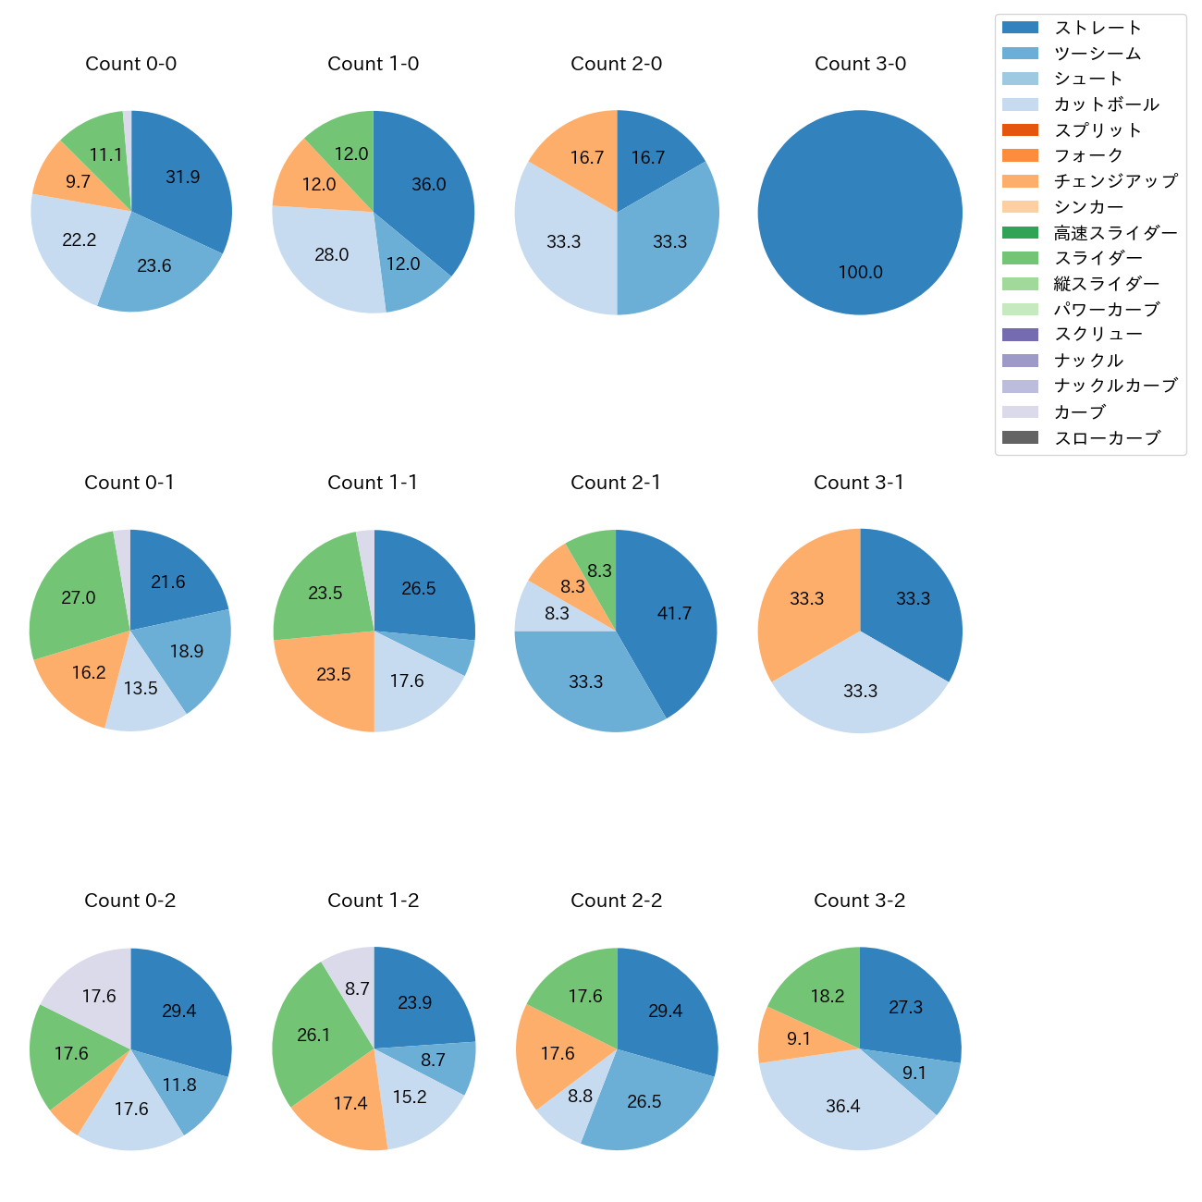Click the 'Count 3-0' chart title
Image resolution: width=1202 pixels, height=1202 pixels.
[x=860, y=64]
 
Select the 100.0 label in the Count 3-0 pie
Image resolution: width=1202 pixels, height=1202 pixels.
[x=860, y=272]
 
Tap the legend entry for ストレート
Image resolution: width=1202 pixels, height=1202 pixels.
[x=1098, y=28]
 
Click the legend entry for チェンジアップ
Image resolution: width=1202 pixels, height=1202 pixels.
[x=1115, y=181]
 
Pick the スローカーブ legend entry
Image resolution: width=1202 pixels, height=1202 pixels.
[x=1107, y=438]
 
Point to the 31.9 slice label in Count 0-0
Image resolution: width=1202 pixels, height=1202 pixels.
[x=182, y=177]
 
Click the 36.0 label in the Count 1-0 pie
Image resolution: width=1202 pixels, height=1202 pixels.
[x=428, y=184]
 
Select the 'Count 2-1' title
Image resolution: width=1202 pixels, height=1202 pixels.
[x=616, y=483]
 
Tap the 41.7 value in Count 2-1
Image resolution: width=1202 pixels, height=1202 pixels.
[x=673, y=613]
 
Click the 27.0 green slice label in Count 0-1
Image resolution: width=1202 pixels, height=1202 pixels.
[x=79, y=597]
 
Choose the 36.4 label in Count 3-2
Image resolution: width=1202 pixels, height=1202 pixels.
[x=842, y=1106]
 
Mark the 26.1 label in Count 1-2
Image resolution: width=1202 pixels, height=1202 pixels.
[x=313, y=1035]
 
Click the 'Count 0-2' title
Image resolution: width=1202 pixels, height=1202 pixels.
[x=130, y=901]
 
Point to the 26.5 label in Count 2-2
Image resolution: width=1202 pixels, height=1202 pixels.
[x=644, y=1101]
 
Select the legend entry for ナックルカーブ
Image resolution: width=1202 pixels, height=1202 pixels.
[x=1115, y=386]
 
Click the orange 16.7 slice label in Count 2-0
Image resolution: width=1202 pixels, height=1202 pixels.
[x=586, y=157]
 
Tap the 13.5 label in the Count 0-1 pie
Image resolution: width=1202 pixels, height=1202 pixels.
[x=141, y=688]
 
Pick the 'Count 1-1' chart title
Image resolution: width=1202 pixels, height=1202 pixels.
[x=373, y=483]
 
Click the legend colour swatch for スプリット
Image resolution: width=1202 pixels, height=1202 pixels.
[x=1020, y=130]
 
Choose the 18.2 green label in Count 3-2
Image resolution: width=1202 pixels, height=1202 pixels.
[x=827, y=996]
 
